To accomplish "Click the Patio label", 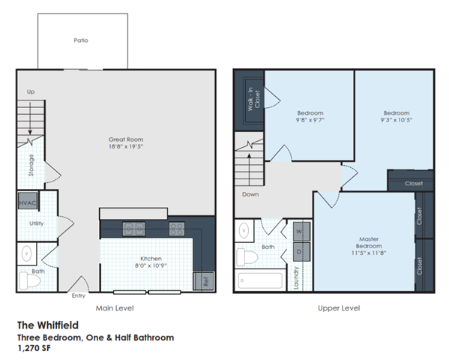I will [81, 40].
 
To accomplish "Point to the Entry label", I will [78, 295].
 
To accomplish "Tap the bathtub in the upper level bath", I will [260, 280].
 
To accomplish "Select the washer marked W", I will [301, 231].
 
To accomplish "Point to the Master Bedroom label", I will [368, 242].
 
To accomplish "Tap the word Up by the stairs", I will [31, 91].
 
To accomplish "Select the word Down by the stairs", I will [250, 194].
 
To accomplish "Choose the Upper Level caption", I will [339, 307].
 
